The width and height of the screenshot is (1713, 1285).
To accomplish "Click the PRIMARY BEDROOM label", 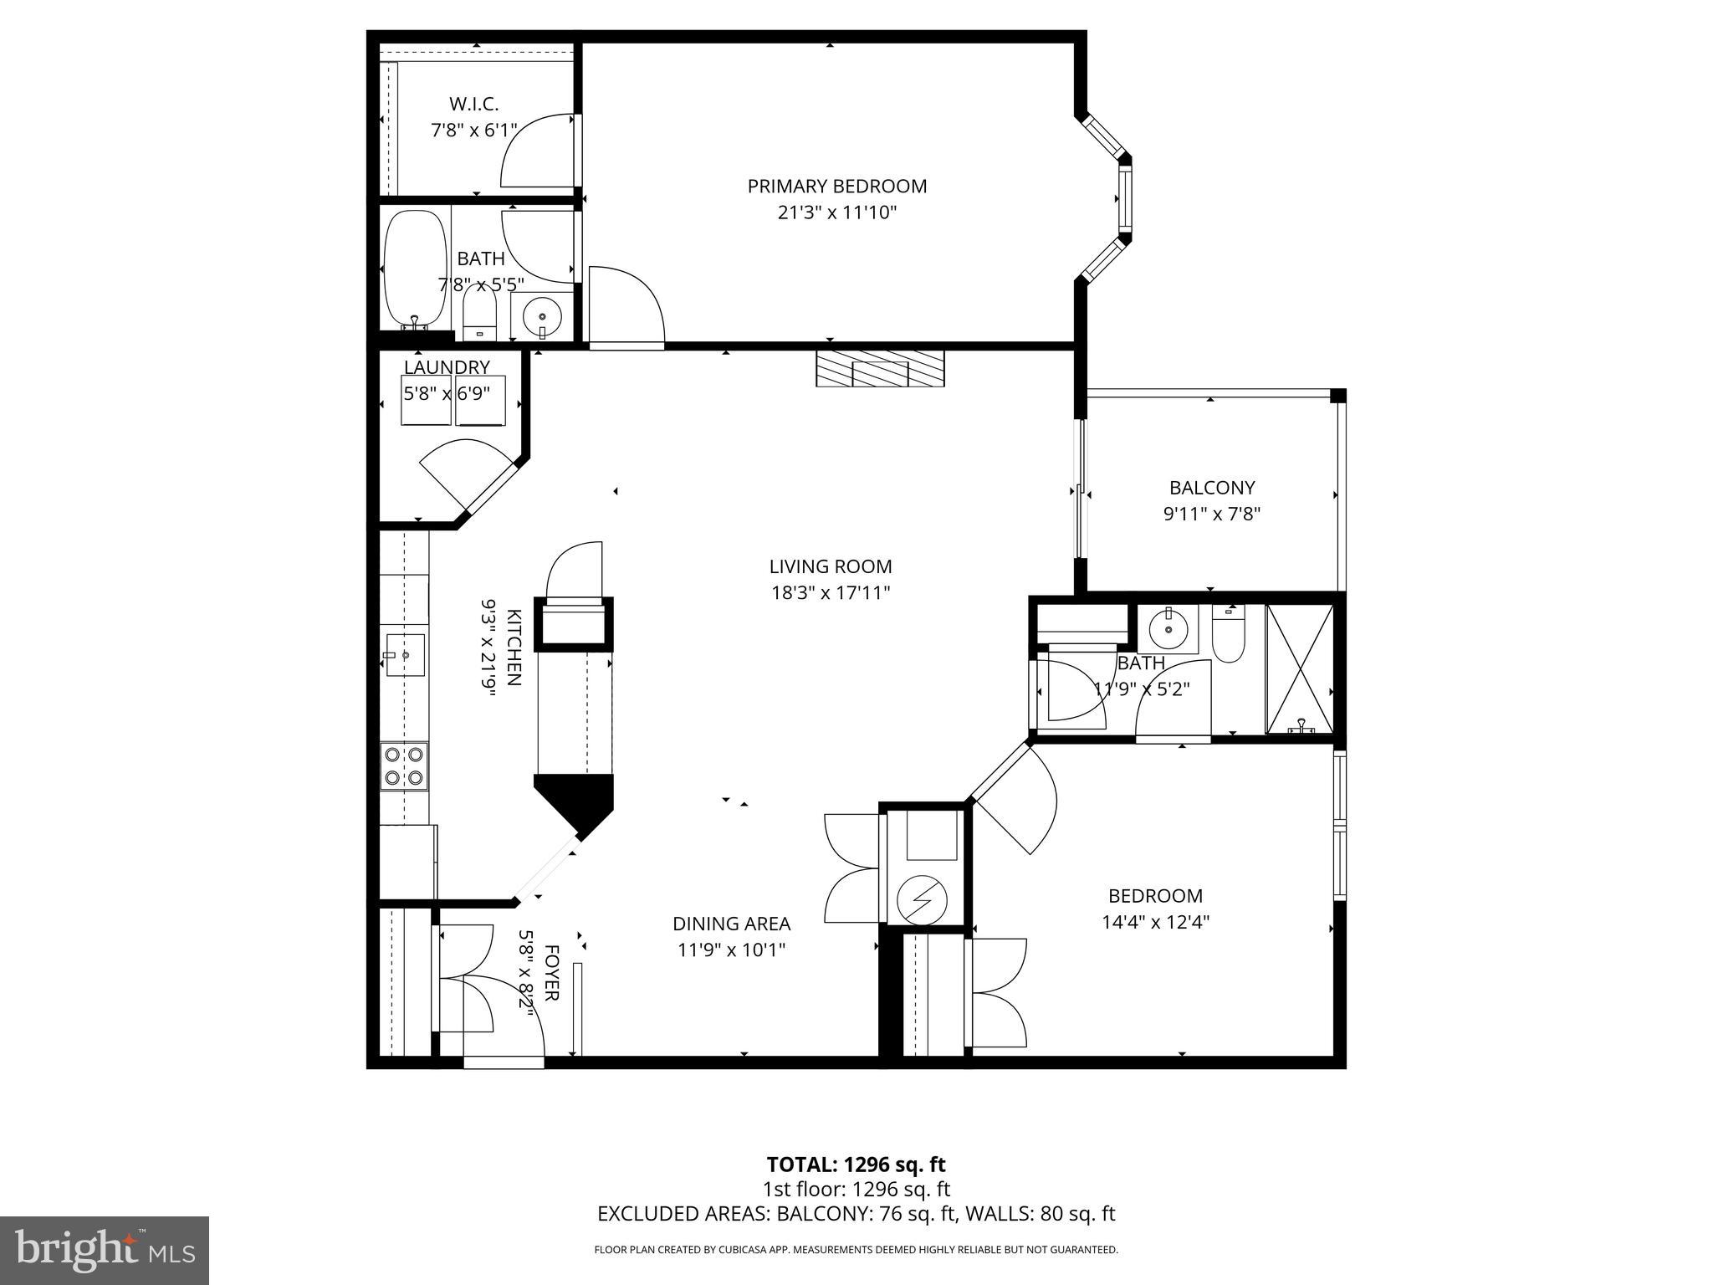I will click(836, 186).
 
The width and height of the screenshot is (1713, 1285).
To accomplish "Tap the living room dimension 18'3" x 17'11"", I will click(830, 593).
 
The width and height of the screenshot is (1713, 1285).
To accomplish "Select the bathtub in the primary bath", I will click(415, 269).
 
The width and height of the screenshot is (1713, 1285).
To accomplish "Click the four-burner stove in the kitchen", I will click(404, 766).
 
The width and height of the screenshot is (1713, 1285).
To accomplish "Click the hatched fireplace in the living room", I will click(880, 368).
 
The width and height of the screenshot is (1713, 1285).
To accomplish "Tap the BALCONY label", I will click(1212, 487).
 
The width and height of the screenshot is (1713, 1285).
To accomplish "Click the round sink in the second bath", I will click(1167, 629).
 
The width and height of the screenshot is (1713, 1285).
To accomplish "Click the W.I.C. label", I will click(473, 104).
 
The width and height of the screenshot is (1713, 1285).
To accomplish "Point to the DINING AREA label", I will click(731, 924).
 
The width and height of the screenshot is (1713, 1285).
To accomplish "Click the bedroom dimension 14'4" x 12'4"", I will click(1155, 922).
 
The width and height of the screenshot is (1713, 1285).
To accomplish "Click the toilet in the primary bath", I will click(479, 314).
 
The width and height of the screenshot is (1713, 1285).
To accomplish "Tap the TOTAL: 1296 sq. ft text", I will click(856, 1165).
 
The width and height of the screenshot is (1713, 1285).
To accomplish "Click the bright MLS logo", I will click(105, 1250).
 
